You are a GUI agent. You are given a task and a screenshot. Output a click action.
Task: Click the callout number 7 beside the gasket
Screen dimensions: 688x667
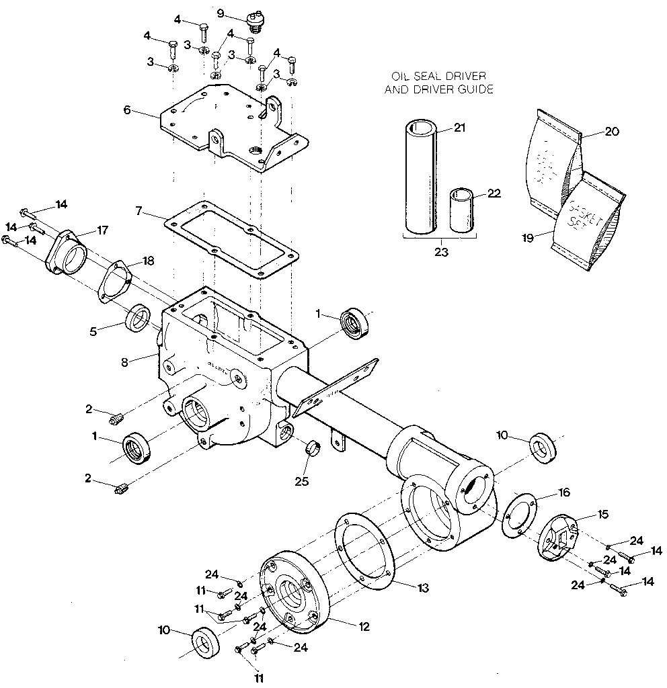[x=139, y=210]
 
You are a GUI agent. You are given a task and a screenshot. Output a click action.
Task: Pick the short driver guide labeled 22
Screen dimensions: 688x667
[x=463, y=210]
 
